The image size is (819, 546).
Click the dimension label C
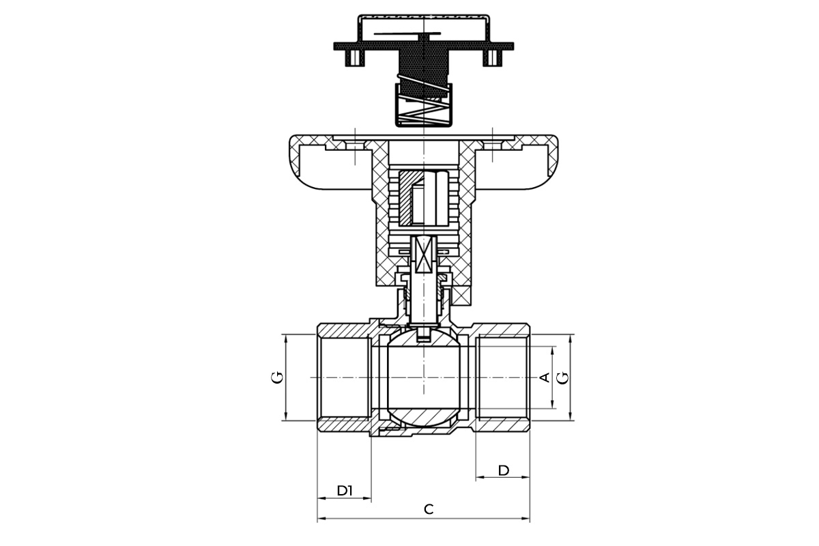coord(429,509)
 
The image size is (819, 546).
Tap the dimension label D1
coord(345,491)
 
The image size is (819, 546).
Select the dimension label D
coord(504,470)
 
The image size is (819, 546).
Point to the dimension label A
coord(545,377)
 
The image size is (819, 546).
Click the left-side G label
coord(277,377)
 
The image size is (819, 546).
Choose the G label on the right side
coord(563,377)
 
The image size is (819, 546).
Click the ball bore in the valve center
coord(423,377)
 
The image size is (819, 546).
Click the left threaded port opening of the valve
coord(344,377)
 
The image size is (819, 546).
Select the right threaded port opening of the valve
coord(503,377)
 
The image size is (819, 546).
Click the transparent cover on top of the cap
coord(423,29)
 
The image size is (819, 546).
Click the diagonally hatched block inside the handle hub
coord(406,198)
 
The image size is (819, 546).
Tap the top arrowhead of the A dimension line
coord(552,350)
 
